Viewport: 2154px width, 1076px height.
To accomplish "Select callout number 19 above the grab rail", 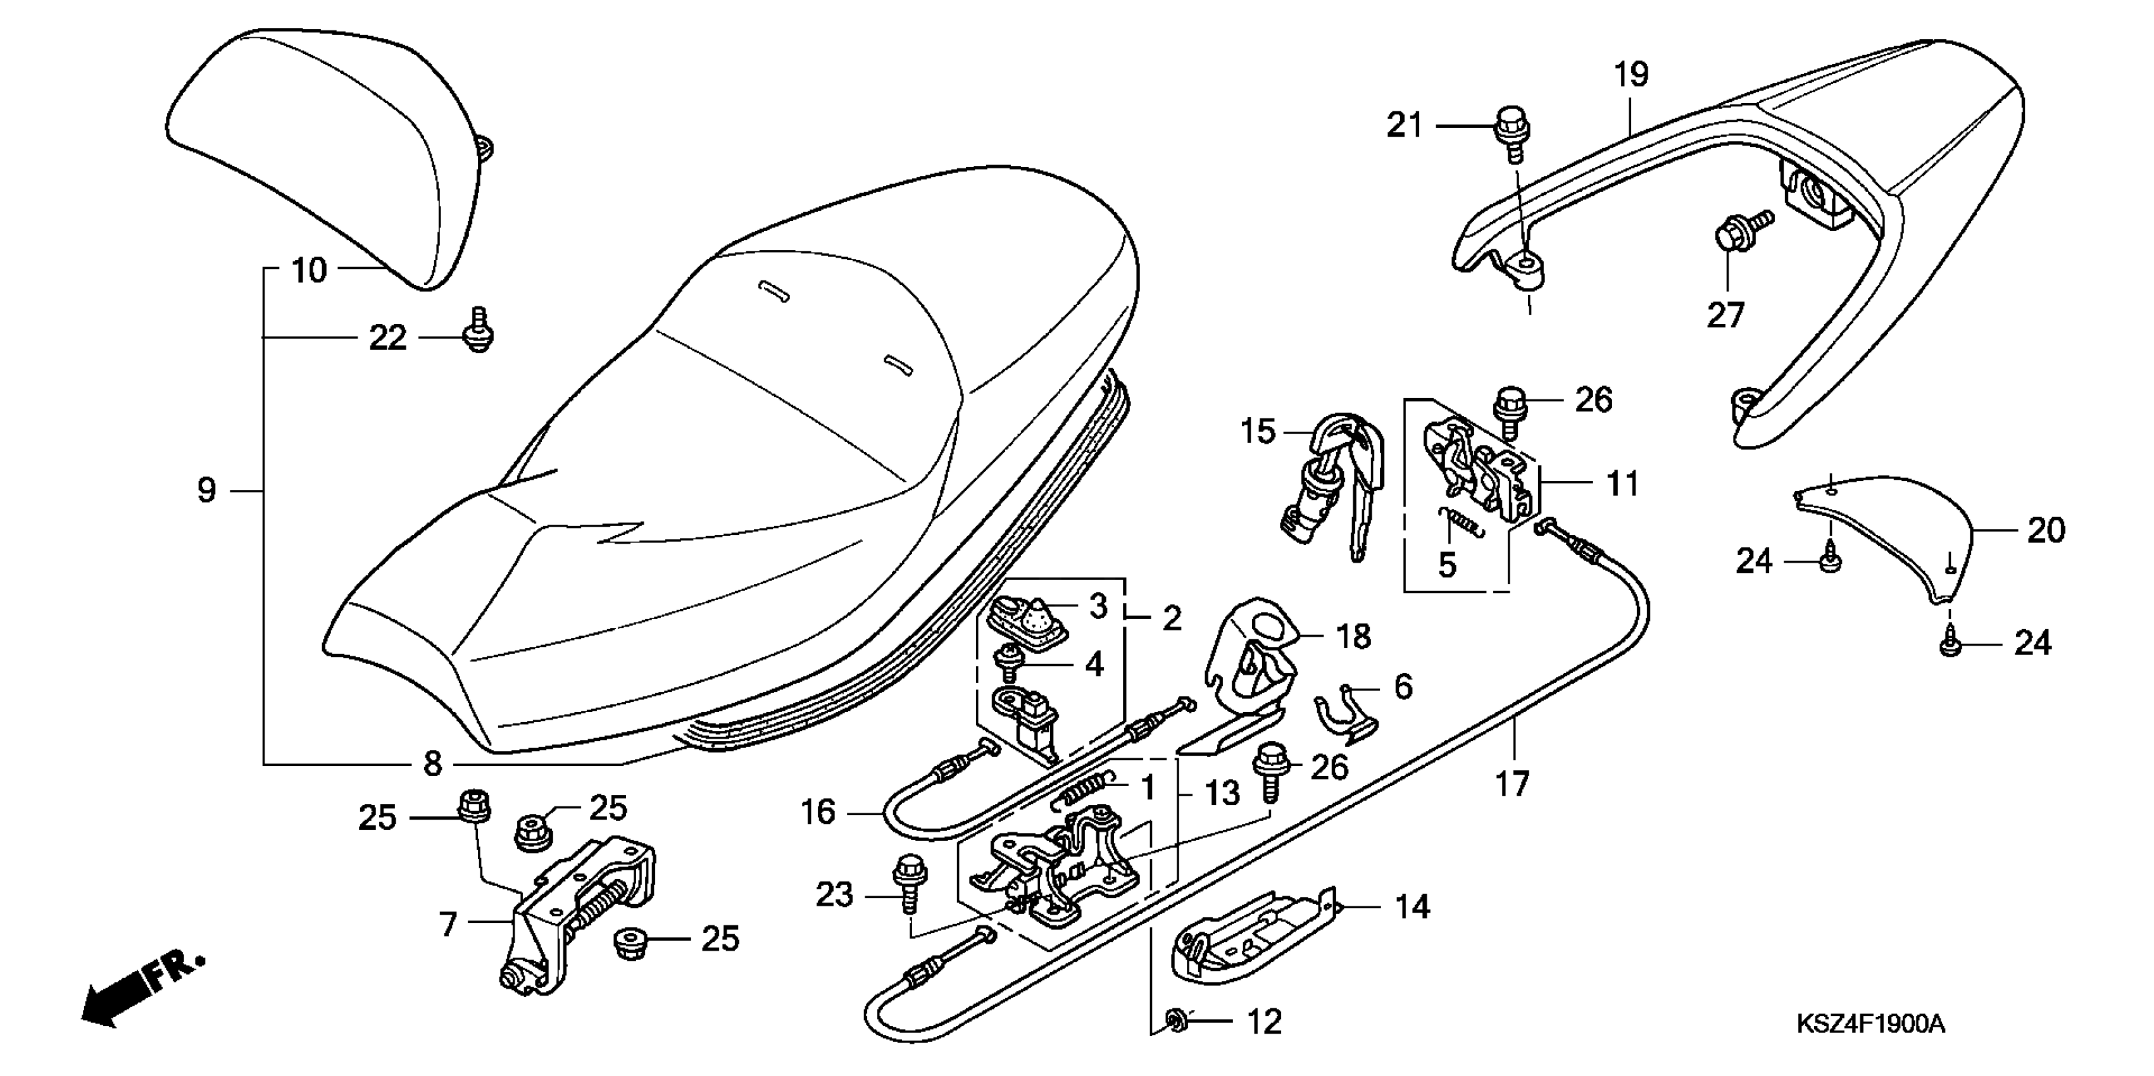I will coord(1631,75).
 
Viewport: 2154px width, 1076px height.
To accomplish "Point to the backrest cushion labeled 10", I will coord(326,151).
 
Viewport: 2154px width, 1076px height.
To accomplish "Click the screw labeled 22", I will coord(479,330).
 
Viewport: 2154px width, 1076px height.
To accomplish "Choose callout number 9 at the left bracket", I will coord(206,490).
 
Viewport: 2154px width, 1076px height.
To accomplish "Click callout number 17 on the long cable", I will coord(1512,784).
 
